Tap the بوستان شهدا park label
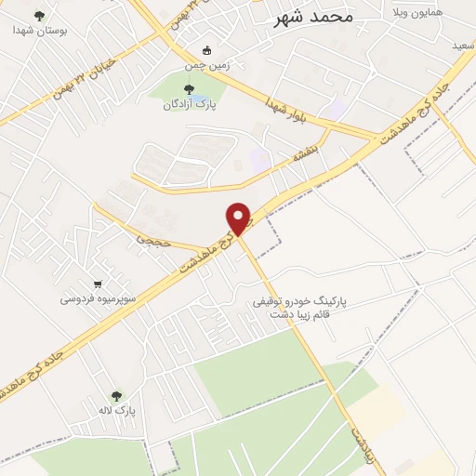(x=36, y=30)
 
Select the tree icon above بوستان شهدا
(x=38, y=15)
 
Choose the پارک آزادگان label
(x=190, y=105)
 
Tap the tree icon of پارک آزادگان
(x=190, y=90)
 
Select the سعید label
(x=462, y=45)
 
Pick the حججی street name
(x=149, y=239)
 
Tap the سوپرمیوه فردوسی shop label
(x=99, y=299)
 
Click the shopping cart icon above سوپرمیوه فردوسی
(x=99, y=284)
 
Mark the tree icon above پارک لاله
(x=116, y=395)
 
